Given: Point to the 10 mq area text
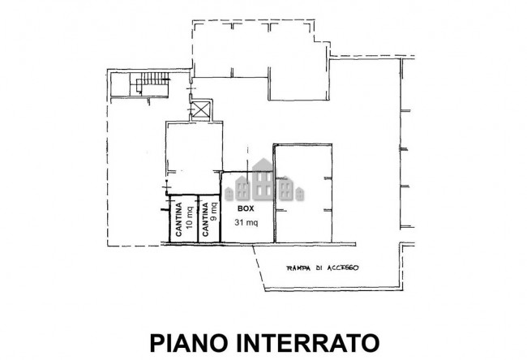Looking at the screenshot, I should pos(189,220).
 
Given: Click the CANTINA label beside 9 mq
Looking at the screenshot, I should pos(205,220).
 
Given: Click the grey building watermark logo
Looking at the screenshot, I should pos(264,182).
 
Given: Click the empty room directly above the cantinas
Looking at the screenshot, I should pos(193,154).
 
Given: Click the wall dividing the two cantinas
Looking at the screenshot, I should pos(197,219).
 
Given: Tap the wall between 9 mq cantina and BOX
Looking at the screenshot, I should pos(221,219).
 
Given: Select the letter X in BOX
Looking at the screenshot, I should pos(251,208).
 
